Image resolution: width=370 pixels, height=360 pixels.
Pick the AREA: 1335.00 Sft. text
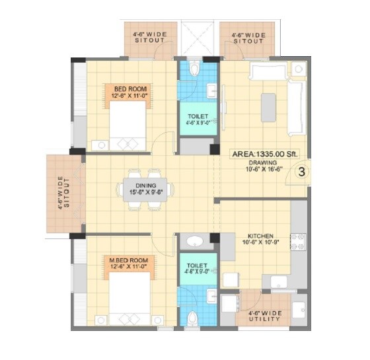pyautogui.click(x=265, y=154)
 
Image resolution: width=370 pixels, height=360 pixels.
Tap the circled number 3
pyautogui.click(x=301, y=173)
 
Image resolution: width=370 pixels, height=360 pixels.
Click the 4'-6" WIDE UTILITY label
pyautogui.click(x=264, y=316)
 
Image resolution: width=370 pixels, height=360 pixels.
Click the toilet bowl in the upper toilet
pyautogui.click(x=194, y=69)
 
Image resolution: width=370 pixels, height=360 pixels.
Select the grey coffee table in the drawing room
pyautogui.click(x=268, y=107)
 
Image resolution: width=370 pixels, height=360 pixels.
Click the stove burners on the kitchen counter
pyautogui.click(x=298, y=242)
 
